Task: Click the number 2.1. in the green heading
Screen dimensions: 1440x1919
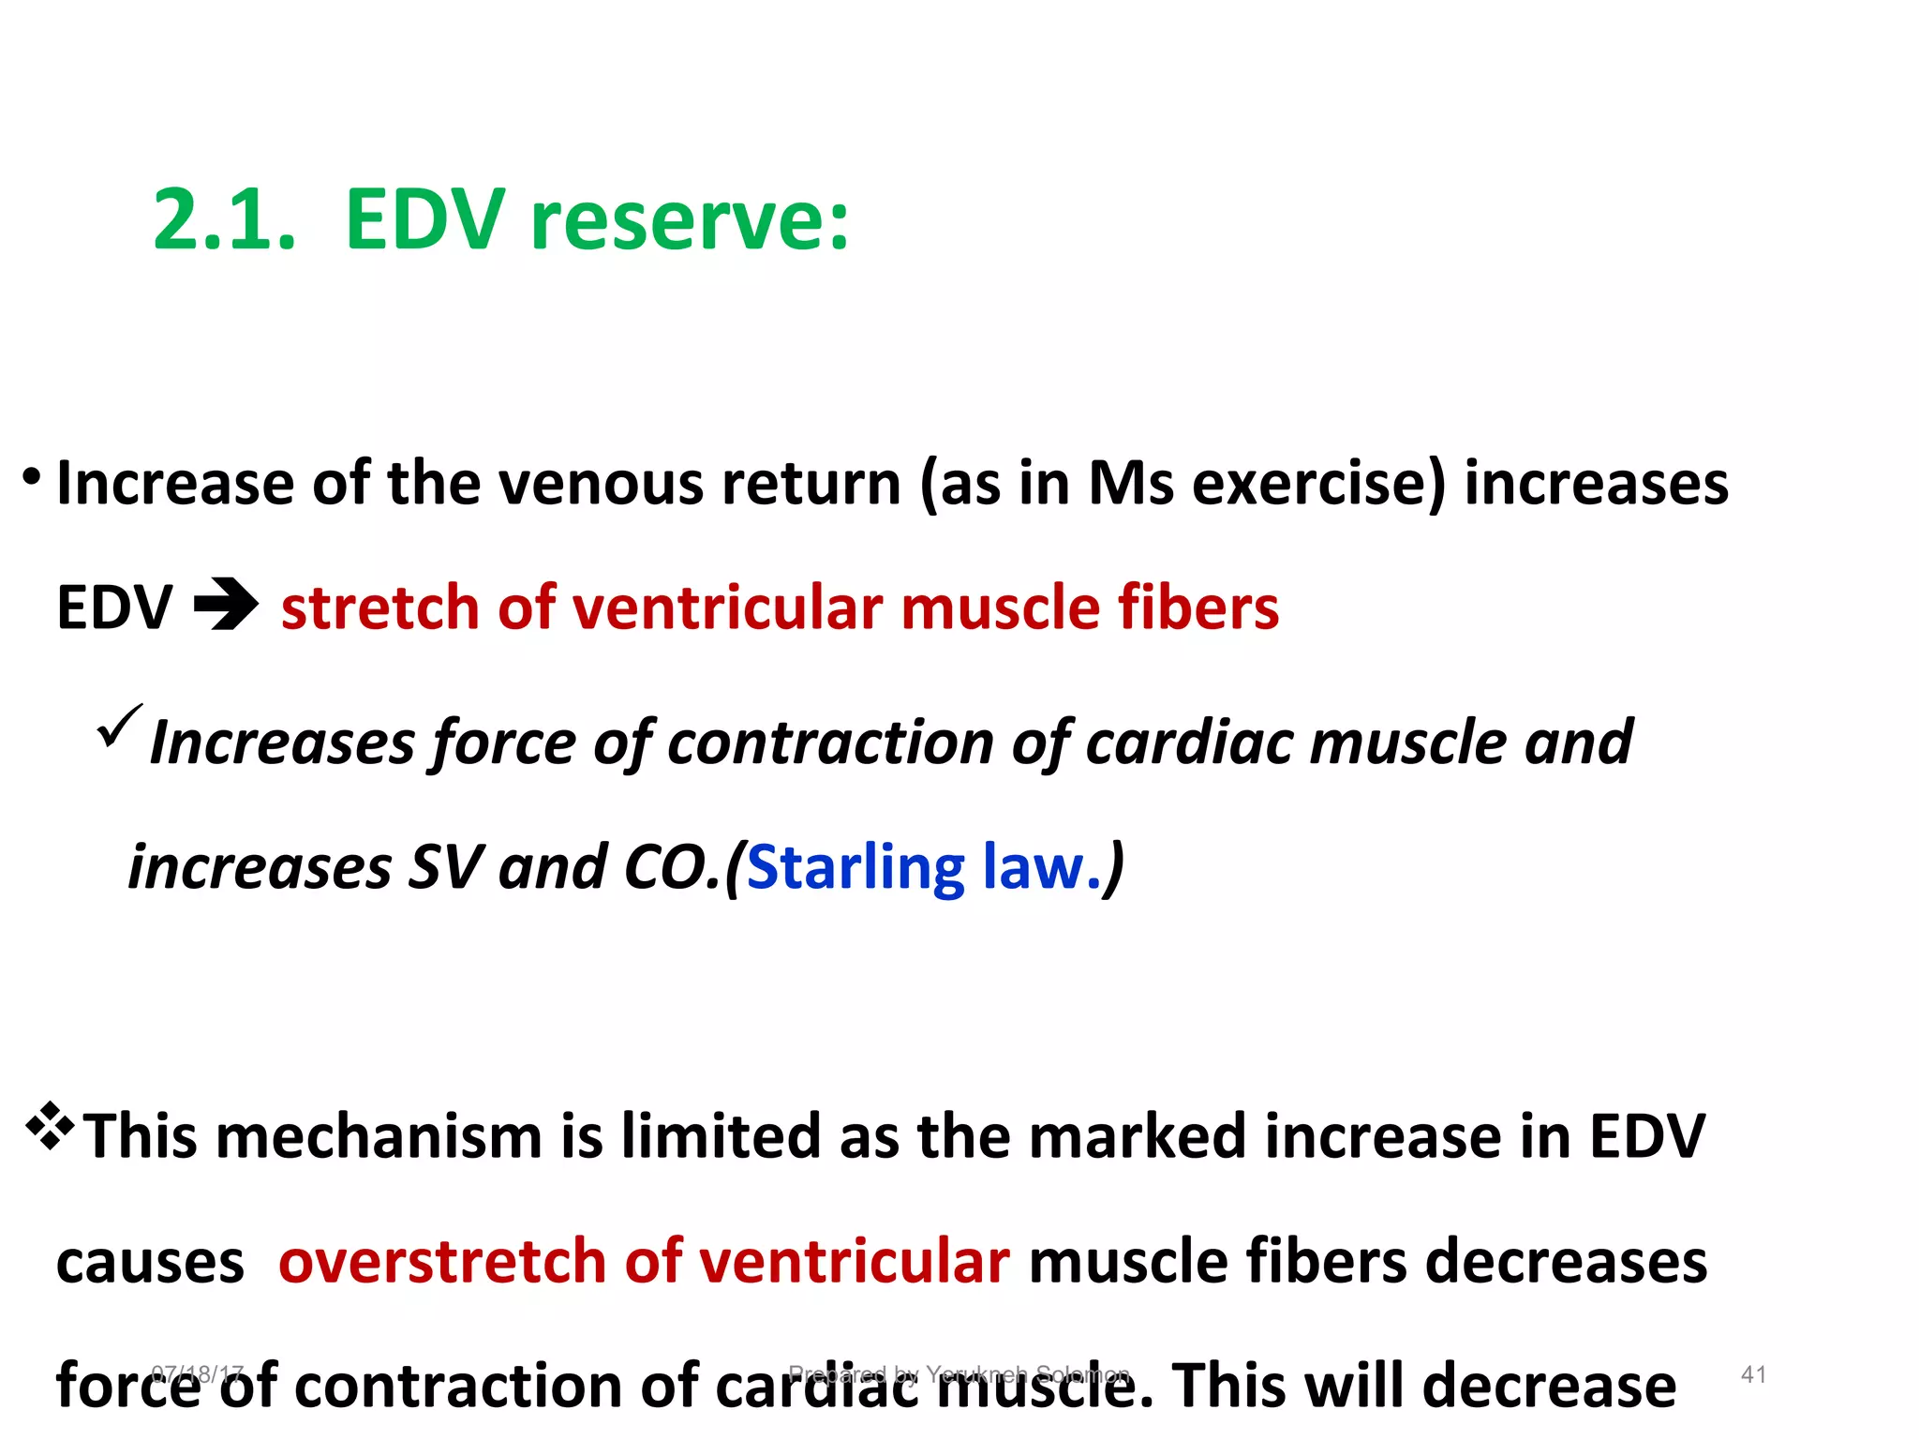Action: [224, 220]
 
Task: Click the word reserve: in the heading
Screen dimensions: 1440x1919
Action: [690, 220]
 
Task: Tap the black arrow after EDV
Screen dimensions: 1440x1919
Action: [226, 606]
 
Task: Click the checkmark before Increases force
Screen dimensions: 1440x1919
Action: [119, 726]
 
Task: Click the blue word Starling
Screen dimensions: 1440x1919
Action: [855, 867]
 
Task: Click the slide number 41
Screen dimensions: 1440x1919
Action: [1753, 1374]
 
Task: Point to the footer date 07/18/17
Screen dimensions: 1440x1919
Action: [197, 1374]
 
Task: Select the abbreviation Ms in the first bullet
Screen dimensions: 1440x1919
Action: [1130, 484]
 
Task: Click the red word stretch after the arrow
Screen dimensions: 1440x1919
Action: [379, 607]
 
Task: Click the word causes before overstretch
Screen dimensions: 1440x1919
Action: [150, 1262]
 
